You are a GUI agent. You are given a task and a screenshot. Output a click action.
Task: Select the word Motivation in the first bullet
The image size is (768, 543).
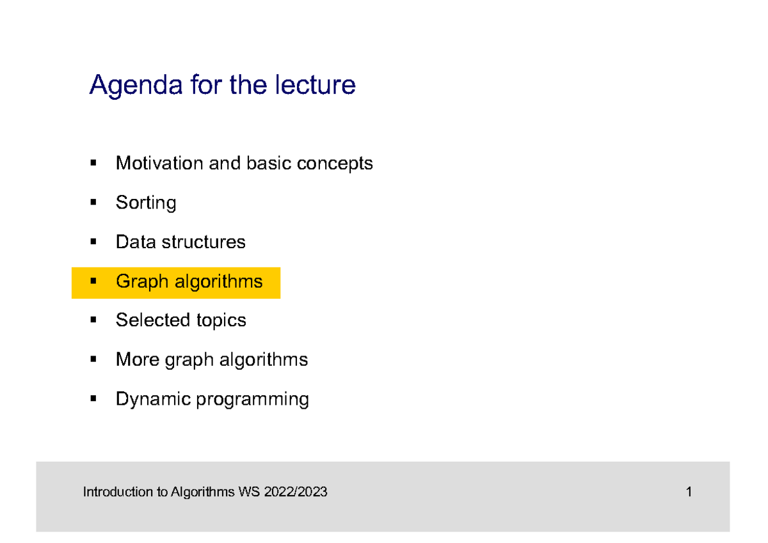(159, 164)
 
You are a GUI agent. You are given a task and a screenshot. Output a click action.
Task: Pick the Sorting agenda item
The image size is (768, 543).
(146, 203)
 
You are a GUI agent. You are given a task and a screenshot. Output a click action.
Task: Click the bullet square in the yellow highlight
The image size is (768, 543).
(93, 281)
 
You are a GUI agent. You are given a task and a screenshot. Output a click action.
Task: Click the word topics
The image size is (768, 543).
(221, 321)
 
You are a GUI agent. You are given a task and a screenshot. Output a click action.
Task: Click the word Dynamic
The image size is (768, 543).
(153, 400)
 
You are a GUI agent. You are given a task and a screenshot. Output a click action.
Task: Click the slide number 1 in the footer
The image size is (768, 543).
(689, 492)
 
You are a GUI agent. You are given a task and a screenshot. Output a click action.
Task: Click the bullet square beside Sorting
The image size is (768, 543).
(93, 203)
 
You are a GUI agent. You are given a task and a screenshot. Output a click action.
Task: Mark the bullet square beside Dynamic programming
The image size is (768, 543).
(93, 399)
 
